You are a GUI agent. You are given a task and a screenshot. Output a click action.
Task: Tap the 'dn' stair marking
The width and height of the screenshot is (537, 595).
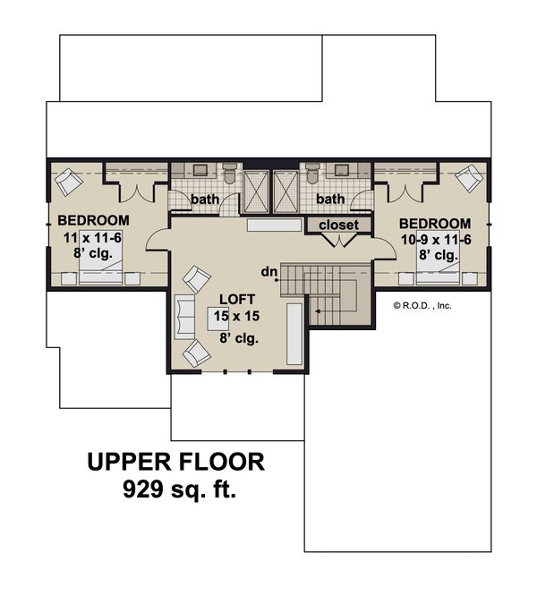[x=268, y=270]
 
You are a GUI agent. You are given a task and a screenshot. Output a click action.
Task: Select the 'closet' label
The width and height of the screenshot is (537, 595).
[x=337, y=225]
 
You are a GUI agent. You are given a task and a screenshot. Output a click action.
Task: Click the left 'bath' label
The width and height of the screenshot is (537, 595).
[x=205, y=199]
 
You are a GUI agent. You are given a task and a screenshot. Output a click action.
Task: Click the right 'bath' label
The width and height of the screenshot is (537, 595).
[x=331, y=199]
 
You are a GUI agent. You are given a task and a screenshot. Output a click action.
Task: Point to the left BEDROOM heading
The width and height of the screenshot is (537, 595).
[x=93, y=220]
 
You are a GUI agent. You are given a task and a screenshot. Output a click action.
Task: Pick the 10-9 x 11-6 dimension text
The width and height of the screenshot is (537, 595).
[x=434, y=239]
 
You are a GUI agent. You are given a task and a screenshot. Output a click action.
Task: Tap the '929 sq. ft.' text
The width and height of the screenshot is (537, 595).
[x=175, y=490]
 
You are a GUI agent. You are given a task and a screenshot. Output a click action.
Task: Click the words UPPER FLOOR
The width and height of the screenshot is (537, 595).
[x=175, y=462]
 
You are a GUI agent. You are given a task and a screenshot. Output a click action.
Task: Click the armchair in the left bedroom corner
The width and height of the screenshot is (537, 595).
[x=68, y=184]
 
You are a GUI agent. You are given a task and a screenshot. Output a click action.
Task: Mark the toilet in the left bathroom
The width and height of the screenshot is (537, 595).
[x=227, y=174]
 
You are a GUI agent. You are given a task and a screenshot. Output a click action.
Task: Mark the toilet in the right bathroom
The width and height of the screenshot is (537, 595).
[x=311, y=174]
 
